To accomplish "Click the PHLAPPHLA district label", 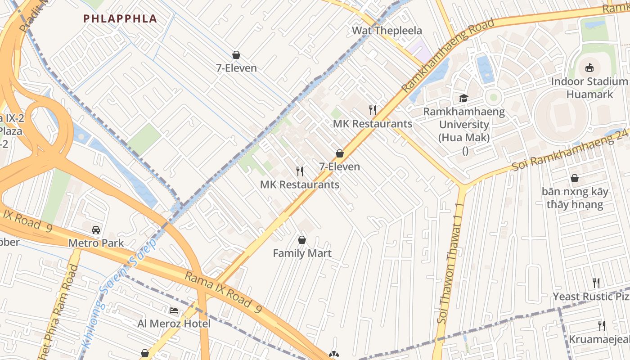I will pyautogui.click(x=120, y=18).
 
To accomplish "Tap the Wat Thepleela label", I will pyautogui.click(x=387, y=31).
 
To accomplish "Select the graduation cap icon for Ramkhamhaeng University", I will pyautogui.click(x=463, y=98).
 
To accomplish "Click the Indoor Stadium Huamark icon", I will pyautogui.click(x=589, y=68).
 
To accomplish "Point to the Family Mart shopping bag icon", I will pyautogui.click(x=302, y=240).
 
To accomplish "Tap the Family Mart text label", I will pyautogui.click(x=302, y=253).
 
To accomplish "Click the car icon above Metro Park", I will pyautogui.click(x=96, y=230).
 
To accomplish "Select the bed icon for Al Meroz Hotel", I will pyautogui.click(x=174, y=310).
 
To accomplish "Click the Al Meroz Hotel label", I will pyautogui.click(x=174, y=324).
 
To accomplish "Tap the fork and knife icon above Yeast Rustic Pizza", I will pyautogui.click(x=596, y=283).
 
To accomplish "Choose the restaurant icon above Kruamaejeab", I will pyautogui.click(x=601, y=326).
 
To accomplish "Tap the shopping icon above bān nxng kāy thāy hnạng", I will pyautogui.click(x=575, y=179).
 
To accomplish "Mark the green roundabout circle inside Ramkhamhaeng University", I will pyautogui.click(x=494, y=97).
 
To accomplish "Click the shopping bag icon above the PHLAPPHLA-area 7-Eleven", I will pyautogui.click(x=236, y=55).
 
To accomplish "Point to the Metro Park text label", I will pyautogui.click(x=96, y=243).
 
